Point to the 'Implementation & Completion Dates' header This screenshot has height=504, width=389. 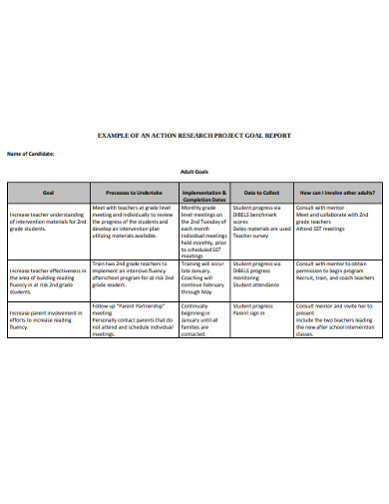click(204, 194)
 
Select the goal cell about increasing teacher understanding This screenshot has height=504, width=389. click(48, 215)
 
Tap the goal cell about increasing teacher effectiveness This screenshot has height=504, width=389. click(48, 272)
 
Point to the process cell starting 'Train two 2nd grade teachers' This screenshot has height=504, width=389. click(135, 272)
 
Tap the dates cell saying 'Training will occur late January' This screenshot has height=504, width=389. click(204, 279)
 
